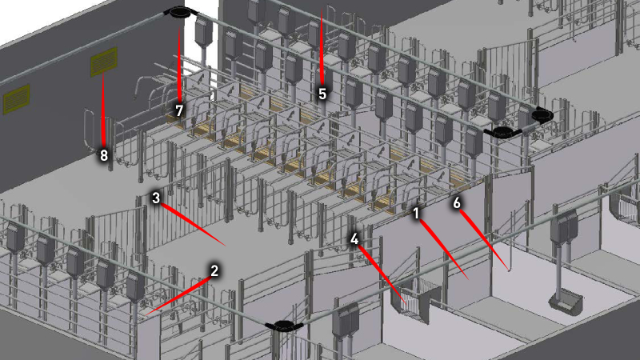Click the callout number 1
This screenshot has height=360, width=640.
[416, 213]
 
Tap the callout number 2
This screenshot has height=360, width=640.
[214, 270]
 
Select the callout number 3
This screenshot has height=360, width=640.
[156, 198]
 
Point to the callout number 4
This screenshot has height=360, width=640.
[354, 239]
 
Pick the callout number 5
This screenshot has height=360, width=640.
[322, 94]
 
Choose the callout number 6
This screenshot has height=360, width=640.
[457, 203]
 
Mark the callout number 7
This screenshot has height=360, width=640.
[179, 110]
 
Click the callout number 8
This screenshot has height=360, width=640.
[104, 155]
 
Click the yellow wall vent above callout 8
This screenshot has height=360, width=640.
[104, 62]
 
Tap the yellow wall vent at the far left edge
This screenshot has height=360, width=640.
[16, 98]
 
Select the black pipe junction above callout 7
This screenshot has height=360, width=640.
[178, 13]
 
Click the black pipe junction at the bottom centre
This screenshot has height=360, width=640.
[283, 326]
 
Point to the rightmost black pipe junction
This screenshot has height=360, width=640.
[542, 115]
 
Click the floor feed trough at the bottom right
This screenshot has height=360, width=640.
[566, 301]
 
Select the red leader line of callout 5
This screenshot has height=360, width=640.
[322, 48]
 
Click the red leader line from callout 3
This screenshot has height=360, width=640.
[193, 225]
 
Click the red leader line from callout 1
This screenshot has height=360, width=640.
[444, 250]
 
